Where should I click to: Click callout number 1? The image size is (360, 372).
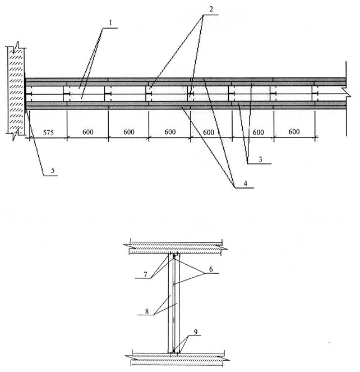110,23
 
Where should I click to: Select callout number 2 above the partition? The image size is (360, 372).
211,9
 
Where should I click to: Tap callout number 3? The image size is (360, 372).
260,159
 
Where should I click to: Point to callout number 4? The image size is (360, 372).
246,183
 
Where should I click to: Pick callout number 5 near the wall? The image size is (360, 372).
53,171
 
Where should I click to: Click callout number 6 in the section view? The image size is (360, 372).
211,269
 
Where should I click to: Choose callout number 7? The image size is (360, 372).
145,274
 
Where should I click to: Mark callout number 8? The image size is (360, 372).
147,311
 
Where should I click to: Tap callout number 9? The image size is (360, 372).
196,332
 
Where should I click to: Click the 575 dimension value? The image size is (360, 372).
48,132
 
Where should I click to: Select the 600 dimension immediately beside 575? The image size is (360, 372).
87,132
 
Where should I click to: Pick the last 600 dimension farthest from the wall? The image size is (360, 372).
294,131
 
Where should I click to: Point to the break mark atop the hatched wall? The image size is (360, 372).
16,47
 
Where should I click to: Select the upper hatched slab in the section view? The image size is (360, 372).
176,248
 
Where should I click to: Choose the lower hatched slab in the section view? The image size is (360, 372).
177,359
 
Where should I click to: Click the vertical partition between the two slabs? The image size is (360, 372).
174,304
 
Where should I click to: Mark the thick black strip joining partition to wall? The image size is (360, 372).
25,93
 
